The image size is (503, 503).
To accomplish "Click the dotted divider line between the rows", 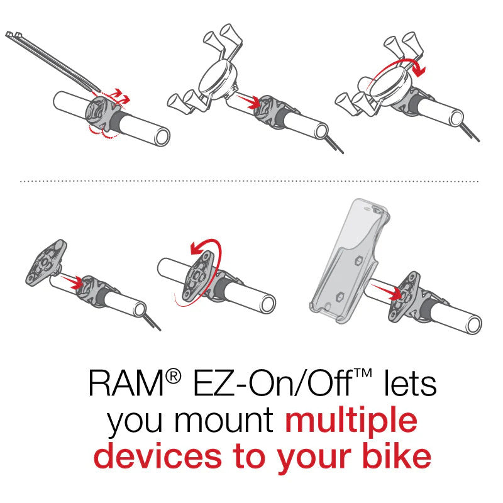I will tap(251, 181).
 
